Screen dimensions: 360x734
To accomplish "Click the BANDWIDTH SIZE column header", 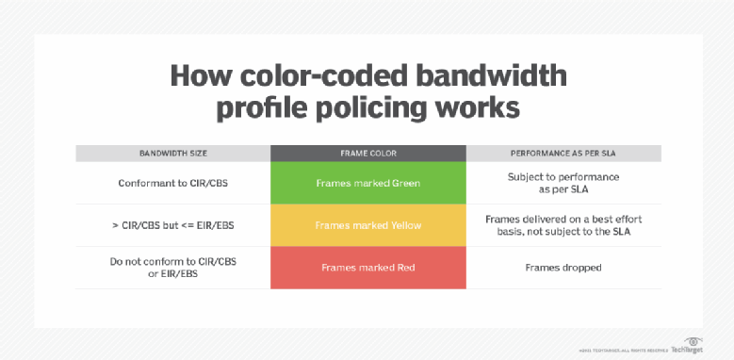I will pos(172,153).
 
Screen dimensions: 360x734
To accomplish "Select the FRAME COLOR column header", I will pos(367,153).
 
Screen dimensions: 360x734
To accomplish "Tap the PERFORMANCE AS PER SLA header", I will pos(563,153).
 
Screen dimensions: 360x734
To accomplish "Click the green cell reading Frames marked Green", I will pos(367,183).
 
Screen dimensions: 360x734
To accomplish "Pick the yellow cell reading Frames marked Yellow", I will pos(367,225).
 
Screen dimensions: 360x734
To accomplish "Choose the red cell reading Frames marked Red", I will pos(367,268).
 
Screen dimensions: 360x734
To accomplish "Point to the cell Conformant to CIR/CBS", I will pos(172,183).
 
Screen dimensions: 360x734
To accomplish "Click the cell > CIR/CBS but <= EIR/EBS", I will pos(172,225).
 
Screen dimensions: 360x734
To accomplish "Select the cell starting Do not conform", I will pos(172,268).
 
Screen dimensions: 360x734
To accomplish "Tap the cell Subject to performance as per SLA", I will pos(563,183).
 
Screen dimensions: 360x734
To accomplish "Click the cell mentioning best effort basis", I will pos(563,225).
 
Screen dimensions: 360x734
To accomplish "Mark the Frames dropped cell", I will pos(563,268).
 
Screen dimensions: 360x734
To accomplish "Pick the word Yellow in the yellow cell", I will pos(401,225).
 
